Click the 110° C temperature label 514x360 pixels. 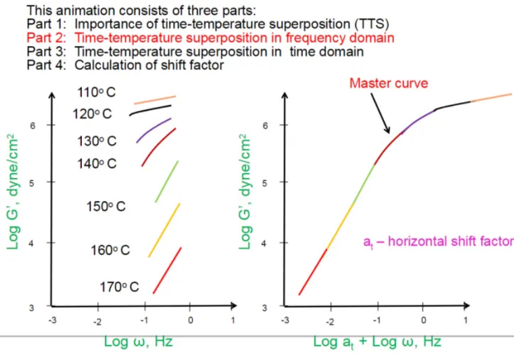pyautogui.click(x=95, y=92)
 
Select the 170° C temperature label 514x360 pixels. pyautogui.click(x=119, y=287)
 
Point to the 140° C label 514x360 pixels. pyautogui.click(x=97, y=164)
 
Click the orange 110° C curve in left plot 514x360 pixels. pyautogui.click(x=155, y=100)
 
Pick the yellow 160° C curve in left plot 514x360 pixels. pyautogui.click(x=165, y=229)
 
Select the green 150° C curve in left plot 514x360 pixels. pyautogui.click(x=167, y=181)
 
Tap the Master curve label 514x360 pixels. pyautogui.click(x=388, y=83)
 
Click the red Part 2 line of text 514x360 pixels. pyautogui.click(x=211, y=38)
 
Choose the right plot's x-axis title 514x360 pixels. pyautogui.click(x=377, y=341)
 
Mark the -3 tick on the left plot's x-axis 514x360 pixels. pyautogui.click(x=54, y=320)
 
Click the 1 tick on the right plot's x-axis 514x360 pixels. pyautogui.click(x=464, y=320)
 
